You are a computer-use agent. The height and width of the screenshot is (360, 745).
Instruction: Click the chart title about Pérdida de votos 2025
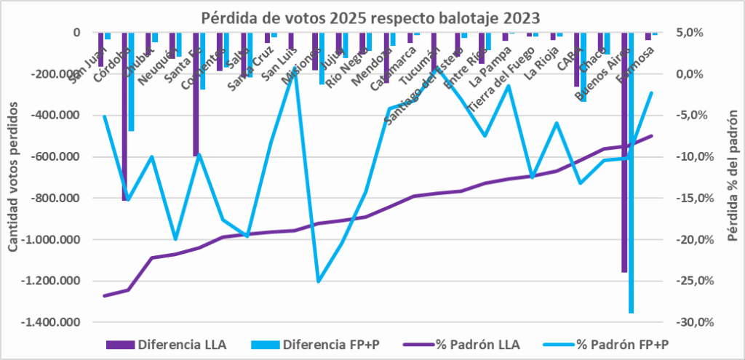click(x=371, y=15)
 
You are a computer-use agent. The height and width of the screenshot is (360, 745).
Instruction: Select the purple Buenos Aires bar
click(x=624, y=153)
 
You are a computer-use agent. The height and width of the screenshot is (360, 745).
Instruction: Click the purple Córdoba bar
click(x=124, y=116)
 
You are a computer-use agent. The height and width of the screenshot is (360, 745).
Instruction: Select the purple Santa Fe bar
click(x=195, y=94)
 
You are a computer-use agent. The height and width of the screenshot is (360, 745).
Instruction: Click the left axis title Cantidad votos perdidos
click(x=15, y=177)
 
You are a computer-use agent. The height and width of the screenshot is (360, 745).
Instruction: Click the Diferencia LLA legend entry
click(x=168, y=344)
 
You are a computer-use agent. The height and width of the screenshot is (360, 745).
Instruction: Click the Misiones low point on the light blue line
click(x=318, y=281)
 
